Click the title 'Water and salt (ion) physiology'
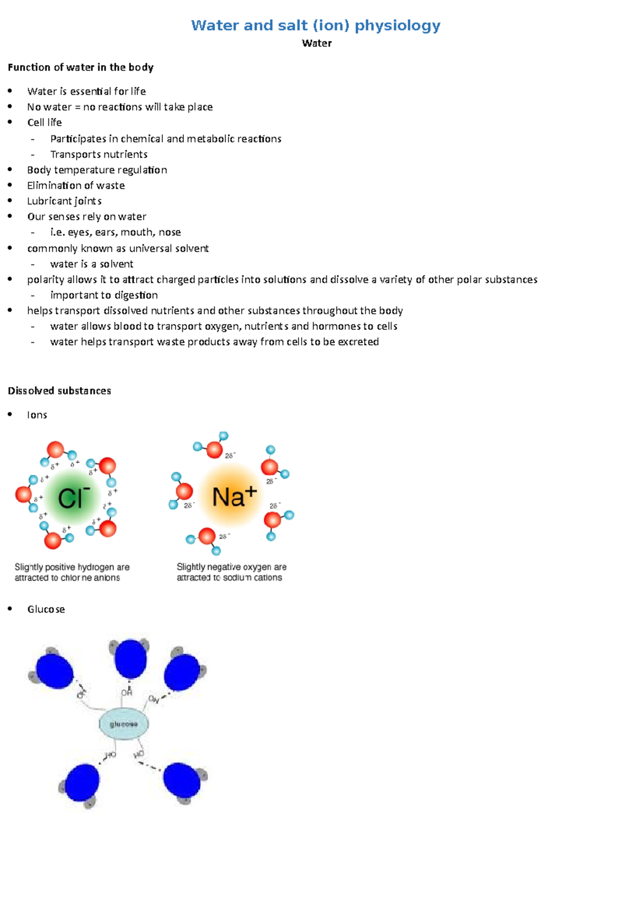click(x=316, y=25)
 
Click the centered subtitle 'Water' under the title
click(x=317, y=43)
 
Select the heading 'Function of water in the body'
click(x=80, y=67)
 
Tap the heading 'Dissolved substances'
click(x=59, y=391)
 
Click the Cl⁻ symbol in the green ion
click(x=73, y=498)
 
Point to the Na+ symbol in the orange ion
click(x=234, y=496)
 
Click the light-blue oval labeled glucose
click(x=124, y=724)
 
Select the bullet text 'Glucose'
click(x=46, y=609)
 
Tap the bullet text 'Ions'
click(x=37, y=415)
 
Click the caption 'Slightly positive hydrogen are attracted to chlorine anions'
click(x=72, y=572)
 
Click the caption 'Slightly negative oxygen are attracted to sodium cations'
click(x=231, y=572)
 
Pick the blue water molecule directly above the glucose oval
click(x=130, y=658)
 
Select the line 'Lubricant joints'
click(x=64, y=201)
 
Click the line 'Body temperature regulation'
click(x=97, y=170)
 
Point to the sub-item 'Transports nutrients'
click(x=99, y=155)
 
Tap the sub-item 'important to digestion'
click(x=104, y=295)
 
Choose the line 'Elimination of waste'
click(x=76, y=186)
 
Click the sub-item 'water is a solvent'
click(x=92, y=264)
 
